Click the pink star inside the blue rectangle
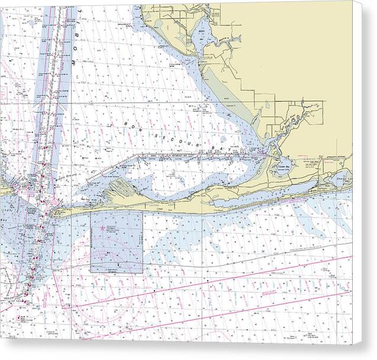pyautogui.click(x=103, y=227)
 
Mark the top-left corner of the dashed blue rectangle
pyautogui.click(x=91, y=212)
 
